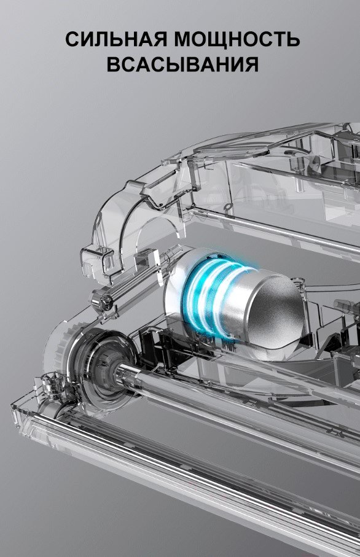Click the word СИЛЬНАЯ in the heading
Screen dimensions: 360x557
[x=116, y=39]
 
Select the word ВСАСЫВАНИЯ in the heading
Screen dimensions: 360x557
[x=182, y=64]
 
